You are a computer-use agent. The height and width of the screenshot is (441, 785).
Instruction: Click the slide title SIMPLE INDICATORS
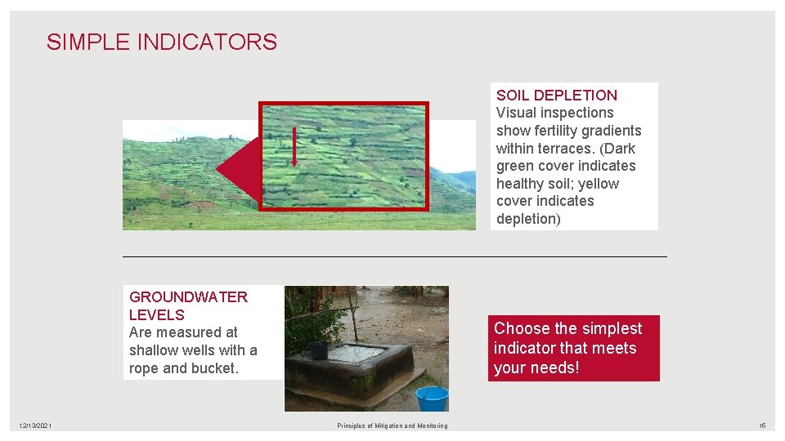(162, 42)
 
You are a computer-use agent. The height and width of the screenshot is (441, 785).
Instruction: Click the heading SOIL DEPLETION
(556, 96)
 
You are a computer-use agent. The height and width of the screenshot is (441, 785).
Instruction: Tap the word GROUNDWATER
(188, 297)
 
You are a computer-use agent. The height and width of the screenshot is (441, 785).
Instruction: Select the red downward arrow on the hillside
(294, 152)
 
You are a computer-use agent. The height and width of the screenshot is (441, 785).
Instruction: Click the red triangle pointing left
(238, 170)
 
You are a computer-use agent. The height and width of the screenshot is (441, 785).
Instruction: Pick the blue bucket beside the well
(432, 398)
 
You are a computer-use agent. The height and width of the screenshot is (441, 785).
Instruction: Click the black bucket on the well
(319, 350)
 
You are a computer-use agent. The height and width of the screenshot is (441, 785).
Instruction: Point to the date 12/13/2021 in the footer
(36, 425)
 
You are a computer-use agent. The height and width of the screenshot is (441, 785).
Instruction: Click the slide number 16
(762, 425)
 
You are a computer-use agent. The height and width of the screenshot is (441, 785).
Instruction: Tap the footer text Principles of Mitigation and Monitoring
(392, 425)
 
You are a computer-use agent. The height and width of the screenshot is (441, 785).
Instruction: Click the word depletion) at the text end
(528, 219)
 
